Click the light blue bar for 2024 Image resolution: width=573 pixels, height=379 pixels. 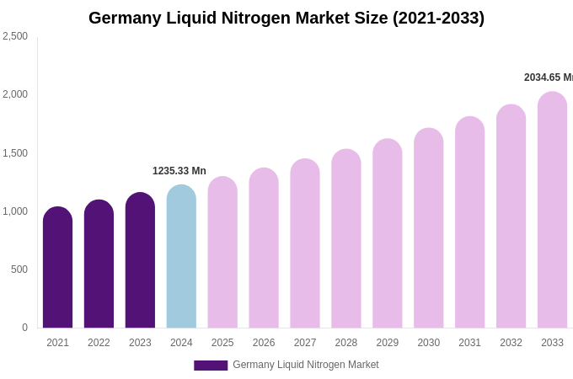(x=181, y=257)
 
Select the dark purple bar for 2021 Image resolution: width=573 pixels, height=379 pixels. (x=57, y=268)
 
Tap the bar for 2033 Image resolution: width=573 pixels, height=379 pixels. (x=552, y=211)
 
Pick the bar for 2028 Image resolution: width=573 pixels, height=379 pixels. (x=346, y=239)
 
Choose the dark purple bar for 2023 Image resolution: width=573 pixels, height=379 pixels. (x=140, y=261)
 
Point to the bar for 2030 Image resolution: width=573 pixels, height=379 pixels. (x=428, y=228)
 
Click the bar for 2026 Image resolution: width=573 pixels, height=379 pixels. (x=264, y=248)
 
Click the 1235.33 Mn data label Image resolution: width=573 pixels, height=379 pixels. (x=179, y=171)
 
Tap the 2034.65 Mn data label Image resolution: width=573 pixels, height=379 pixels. (x=548, y=77)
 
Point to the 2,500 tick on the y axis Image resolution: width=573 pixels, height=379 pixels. (x=15, y=36)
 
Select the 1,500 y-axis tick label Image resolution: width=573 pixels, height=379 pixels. (x=15, y=153)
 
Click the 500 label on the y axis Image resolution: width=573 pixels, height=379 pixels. (x=19, y=270)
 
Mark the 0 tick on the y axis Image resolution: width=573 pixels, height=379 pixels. (x=24, y=328)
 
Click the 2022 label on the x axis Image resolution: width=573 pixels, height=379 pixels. (x=99, y=343)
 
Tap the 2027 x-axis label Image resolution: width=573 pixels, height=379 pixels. (x=305, y=343)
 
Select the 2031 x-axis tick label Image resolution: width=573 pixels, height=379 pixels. (x=469, y=343)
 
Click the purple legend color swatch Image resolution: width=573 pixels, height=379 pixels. (x=211, y=366)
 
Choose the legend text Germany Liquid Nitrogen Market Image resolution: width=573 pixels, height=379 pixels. (x=306, y=365)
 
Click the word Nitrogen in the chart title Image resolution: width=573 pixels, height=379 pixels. (x=253, y=18)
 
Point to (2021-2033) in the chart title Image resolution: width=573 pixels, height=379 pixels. (x=438, y=18)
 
